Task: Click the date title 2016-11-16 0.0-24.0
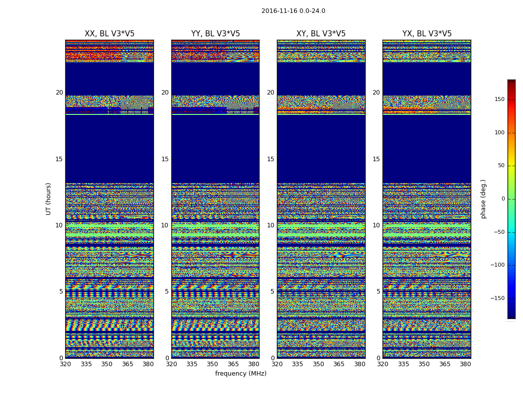coord(293,11)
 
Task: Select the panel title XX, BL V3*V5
coord(110,34)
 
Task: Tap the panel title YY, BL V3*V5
coord(215,34)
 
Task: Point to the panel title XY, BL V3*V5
coord(321,34)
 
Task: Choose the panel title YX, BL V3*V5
coord(427,34)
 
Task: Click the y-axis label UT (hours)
coord(48,199)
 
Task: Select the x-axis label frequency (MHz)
coord(241,374)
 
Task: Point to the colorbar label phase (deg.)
coord(483,199)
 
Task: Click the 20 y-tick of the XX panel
coord(59,93)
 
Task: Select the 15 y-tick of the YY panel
coord(165,159)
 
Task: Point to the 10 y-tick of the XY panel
coord(270,225)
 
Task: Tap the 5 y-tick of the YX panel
coord(378,292)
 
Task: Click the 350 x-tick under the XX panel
coord(107,364)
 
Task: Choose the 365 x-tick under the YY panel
coord(233,364)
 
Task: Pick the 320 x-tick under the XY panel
coord(277,364)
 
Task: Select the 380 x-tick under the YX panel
coord(465,364)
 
